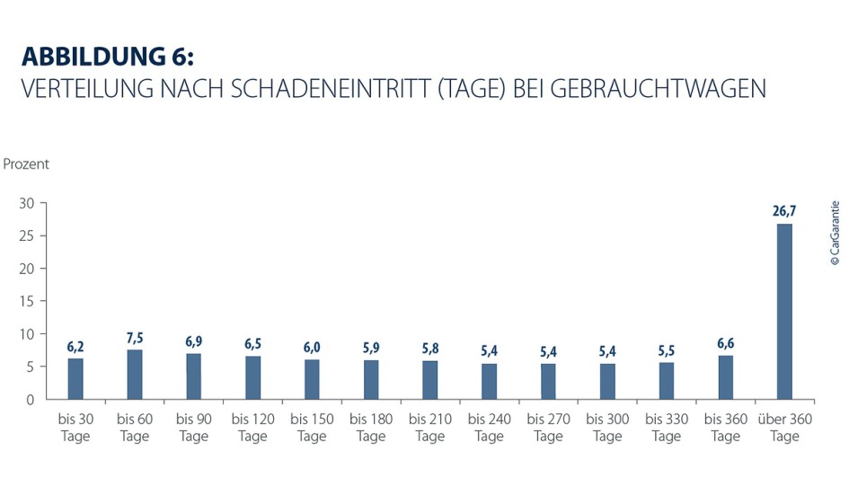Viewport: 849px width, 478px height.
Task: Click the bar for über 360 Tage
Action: (x=784, y=311)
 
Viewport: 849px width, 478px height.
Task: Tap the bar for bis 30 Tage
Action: (x=75, y=378)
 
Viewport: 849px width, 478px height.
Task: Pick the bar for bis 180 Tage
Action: (x=371, y=379)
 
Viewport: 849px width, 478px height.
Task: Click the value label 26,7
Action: (x=784, y=212)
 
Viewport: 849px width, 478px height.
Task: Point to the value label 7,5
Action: (x=135, y=338)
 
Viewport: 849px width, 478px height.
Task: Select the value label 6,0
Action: (x=312, y=348)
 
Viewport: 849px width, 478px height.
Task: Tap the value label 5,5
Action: (x=666, y=350)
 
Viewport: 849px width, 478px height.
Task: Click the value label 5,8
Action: (x=430, y=349)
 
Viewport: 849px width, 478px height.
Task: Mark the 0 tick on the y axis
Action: (x=31, y=399)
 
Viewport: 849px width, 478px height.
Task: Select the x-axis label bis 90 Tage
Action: (x=193, y=428)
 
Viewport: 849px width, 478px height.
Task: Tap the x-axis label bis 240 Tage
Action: (x=489, y=428)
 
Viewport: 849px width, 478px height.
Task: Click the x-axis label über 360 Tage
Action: (x=784, y=428)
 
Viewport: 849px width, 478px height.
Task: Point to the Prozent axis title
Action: (x=27, y=164)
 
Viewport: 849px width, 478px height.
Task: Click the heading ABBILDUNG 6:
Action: (x=107, y=57)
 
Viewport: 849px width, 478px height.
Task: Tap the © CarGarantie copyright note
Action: (x=836, y=232)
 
